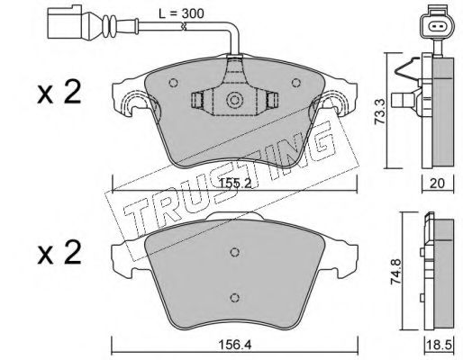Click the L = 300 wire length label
(x=181, y=13)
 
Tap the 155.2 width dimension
(x=235, y=184)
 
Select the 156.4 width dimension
(x=235, y=345)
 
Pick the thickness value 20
(x=437, y=184)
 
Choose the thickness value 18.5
(x=440, y=345)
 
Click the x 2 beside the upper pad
(x=59, y=93)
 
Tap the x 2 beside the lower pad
(x=59, y=254)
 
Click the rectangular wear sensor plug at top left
(x=66, y=23)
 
